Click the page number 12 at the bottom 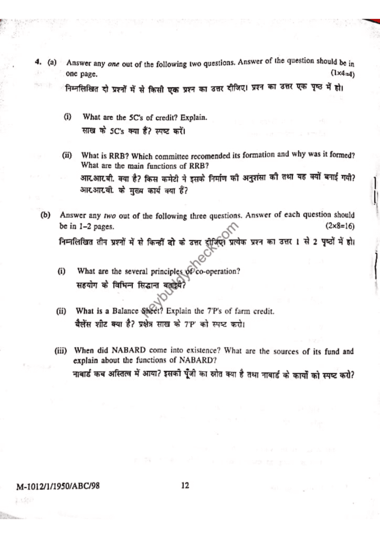tap(185, 485)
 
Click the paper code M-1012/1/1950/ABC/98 tap(58, 485)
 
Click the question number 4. tap(38, 62)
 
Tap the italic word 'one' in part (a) tap(114, 64)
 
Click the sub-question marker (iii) tap(62, 351)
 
